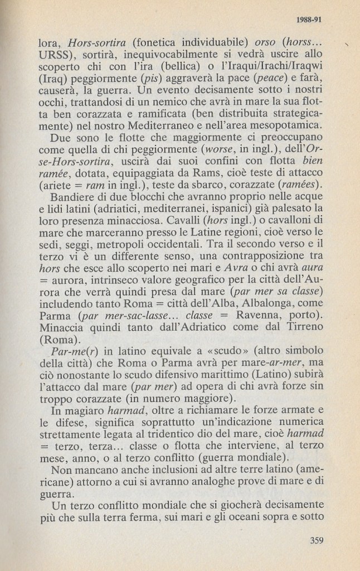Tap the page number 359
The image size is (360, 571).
tap(317, 539)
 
